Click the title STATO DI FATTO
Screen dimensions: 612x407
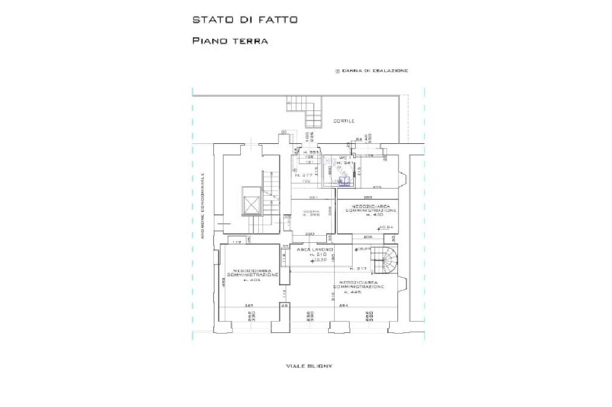tap(245, 20)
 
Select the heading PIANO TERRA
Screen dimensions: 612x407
tap(229, 41)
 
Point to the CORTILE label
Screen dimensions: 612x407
tap(344, 121)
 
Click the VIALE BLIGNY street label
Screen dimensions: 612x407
tap(309, 365)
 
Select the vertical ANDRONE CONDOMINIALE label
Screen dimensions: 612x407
tap(203, 206)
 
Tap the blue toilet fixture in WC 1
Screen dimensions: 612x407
tap(344, 181)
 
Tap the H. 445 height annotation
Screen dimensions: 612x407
tap(358, 292)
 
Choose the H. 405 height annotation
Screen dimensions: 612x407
tap(250, 279)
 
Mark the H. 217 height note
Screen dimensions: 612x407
tap(359, 269)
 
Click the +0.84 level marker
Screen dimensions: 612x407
tap(386, 227)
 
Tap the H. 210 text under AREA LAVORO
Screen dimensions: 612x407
tap(316, 254)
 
